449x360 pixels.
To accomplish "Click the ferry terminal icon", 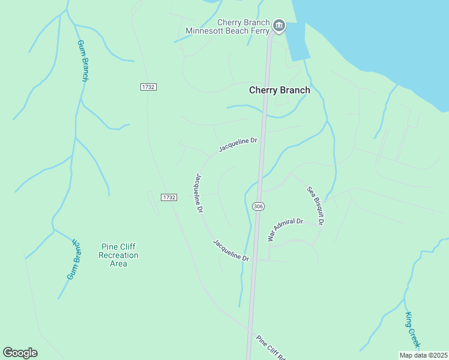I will pos(279,25).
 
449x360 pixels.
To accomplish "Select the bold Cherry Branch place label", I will pos(280,90).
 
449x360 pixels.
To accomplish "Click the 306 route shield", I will pos(258,206).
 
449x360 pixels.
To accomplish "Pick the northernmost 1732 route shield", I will pos(148,87).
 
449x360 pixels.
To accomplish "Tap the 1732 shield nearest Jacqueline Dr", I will pos(169,197).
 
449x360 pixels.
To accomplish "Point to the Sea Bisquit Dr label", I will pos(316,206).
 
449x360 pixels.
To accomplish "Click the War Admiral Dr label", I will pos(286,229).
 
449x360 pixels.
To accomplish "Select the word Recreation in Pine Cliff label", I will pos(118,255).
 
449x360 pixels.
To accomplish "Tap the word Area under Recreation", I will pos(118,263).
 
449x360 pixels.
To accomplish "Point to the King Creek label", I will pos(412,330).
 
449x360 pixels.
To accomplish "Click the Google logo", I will pos(20,352).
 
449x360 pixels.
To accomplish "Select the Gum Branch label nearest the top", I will pos(83,61).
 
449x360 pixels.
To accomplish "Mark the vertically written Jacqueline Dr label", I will pos(199,193).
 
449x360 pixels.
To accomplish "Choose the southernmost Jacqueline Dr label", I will pos(231,250).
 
